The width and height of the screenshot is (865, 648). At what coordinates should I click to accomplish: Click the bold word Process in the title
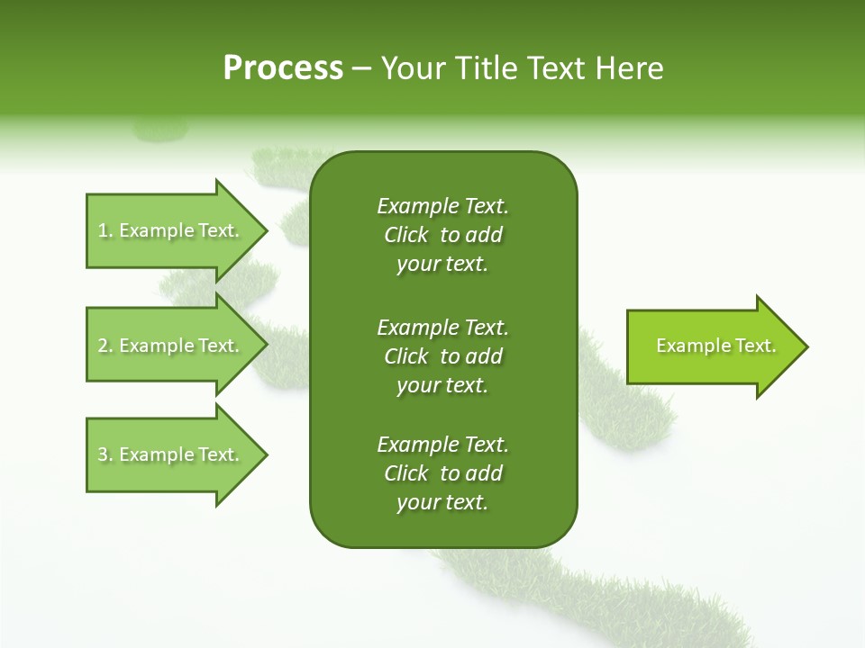click(x=283, y=68)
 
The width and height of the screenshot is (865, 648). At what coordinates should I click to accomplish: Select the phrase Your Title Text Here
click(x=522, y=68)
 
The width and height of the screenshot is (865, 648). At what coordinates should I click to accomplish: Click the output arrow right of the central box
click(x=712, y=346)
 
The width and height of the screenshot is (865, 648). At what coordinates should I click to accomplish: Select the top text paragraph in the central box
click(x=442, y=235)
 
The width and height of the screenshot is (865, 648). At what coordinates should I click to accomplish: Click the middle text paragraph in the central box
click(x=442, y=356)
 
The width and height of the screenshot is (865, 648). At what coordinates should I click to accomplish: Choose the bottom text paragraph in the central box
click(x=442, y=473)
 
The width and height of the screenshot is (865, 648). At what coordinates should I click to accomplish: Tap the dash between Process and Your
click(x=362, y=69)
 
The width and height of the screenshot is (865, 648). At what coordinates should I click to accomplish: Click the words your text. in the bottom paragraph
click(x=442, y=503)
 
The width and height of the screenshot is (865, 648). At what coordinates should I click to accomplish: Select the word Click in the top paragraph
click(x=406, y=235)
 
